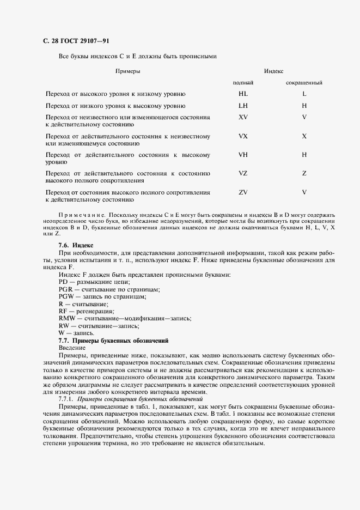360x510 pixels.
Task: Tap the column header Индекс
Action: [x=273, y=71]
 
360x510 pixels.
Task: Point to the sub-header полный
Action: [x=243, y=83]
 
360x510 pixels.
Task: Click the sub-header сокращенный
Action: [x=304, y=83]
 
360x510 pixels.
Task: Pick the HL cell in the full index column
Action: [x=243, y=94]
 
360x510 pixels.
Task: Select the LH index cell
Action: [x=243, y=105]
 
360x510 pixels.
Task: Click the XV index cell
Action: [x=243, y=117]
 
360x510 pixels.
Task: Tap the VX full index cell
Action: [x=243, y=136]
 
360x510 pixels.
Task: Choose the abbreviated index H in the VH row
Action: [x=304, y=155]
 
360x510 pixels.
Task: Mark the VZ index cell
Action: [x=243, y=173]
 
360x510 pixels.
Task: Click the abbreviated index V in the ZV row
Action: [x=304, y=192]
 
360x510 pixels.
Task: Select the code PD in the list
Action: [x=63, y=282]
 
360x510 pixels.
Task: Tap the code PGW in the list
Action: [x=65, y=296]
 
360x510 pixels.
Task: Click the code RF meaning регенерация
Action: [x=62, y=311]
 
